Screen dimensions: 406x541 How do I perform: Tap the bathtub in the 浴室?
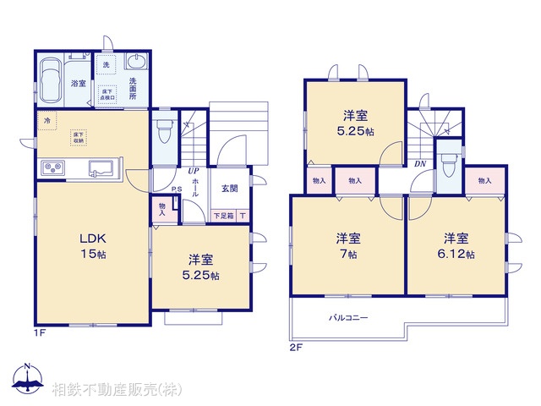pos(52,78)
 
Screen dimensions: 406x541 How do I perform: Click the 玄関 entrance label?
pos(229,188)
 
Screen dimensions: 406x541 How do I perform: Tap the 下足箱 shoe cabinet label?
pos(223,216)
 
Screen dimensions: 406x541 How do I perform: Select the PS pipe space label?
pos(176,189)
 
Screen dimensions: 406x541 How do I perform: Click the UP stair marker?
pos(194,171)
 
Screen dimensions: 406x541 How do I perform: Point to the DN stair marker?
pos(420,163)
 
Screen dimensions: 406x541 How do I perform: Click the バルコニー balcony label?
pos(348,319)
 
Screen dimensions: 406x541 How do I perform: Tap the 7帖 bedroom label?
pos(348,244)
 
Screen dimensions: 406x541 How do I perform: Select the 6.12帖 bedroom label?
pos(457,244)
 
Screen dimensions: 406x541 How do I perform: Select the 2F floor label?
pos(297,347)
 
